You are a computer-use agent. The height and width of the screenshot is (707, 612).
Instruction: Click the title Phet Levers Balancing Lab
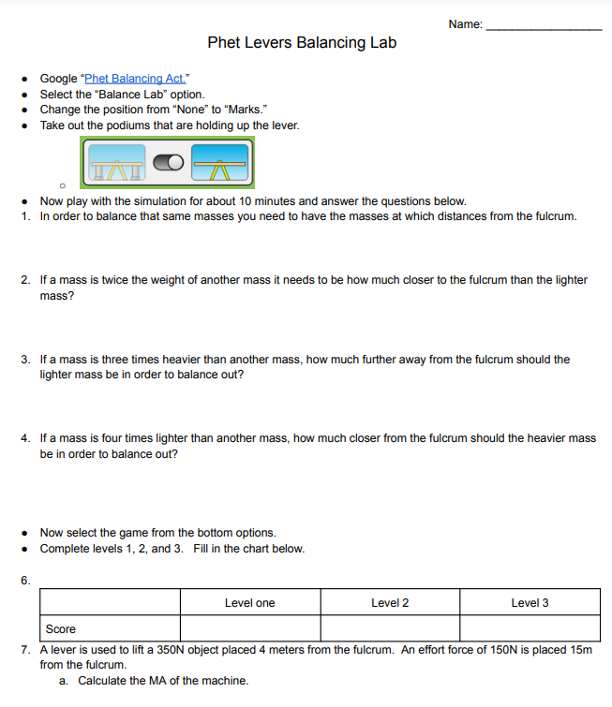(x=302, y=42)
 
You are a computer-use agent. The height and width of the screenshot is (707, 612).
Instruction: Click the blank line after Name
(x=545, y=27)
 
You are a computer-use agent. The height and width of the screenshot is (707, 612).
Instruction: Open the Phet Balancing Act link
(x=136, y=79)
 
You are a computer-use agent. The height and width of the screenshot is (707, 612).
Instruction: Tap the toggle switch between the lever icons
(x=169, y=163)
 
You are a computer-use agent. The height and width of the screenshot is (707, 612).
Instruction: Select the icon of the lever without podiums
(x=221, y=163)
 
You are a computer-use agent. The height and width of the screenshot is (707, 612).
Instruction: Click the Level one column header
(x=250, y=603)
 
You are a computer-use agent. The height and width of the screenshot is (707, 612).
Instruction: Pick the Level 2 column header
(x=390, y=603)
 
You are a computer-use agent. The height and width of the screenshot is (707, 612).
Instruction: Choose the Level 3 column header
(x=530, y=603)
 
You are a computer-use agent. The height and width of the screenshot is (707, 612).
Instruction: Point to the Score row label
(x=61, y=629)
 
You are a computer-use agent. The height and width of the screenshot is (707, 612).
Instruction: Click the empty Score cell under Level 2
(x=390, y=628)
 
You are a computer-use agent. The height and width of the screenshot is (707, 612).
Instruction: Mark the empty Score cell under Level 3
(x=530, y=628)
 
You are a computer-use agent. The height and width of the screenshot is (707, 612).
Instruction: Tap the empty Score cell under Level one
(x=250, y=628)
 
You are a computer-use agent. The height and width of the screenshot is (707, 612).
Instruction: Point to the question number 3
(x=24, y=360)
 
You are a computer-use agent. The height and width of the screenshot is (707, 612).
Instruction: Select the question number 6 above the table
(x=24, y=581)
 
